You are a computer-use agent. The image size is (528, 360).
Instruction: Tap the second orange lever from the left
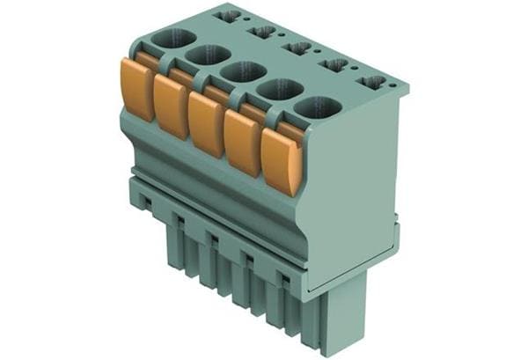click(x=172, y=107)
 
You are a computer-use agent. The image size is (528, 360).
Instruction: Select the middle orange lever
click(x=206, y=124)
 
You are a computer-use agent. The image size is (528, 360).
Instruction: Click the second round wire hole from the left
click(x=208, y=55)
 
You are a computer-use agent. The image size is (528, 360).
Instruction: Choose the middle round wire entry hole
click(x=244, y=72)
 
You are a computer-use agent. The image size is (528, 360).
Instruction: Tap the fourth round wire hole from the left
click(x=280, y=90)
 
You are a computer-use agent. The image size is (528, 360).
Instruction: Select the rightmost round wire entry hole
click(x=318, y=108)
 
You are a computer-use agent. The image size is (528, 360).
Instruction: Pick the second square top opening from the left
click(x=262, y=32)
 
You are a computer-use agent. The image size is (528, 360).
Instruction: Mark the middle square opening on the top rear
click(x=297, y=48)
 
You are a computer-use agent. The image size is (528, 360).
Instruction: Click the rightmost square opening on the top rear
click(x=372, y=83)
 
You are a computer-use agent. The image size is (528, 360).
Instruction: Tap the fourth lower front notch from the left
click(x=247, y=258)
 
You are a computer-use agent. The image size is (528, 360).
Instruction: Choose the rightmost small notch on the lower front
click(x=283, y=277)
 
